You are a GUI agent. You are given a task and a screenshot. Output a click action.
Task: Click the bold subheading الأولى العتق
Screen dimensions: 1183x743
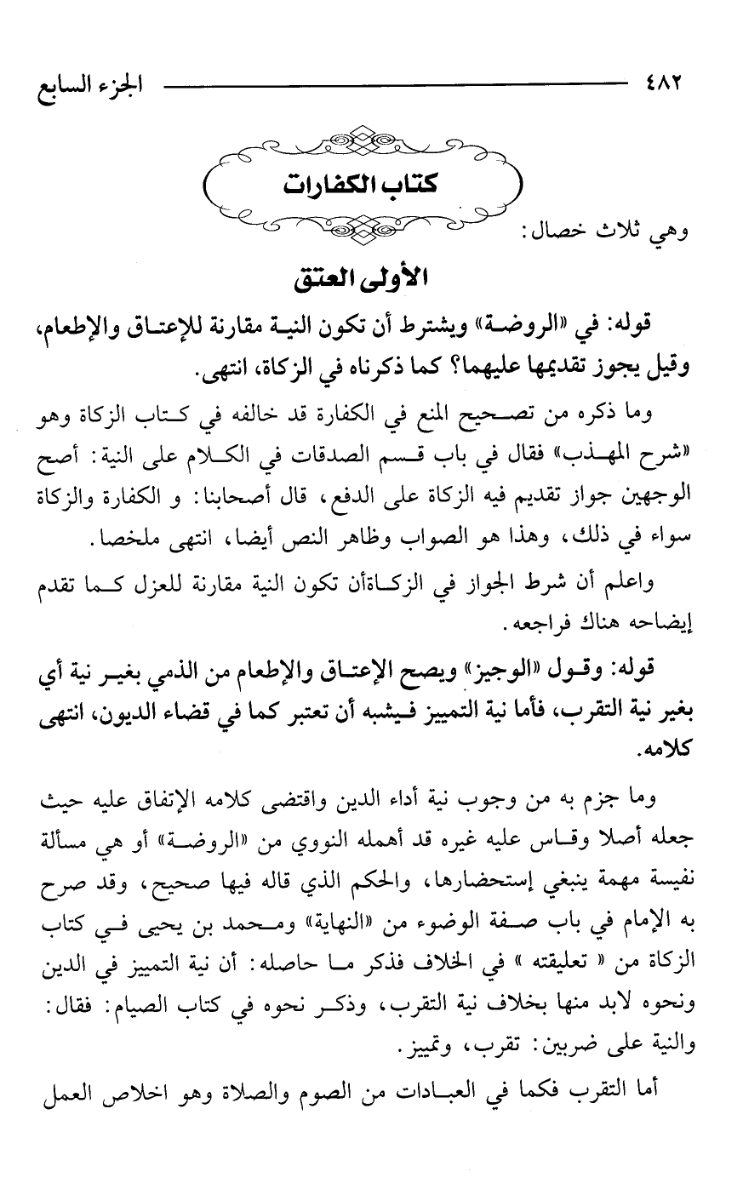pos(372,277)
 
